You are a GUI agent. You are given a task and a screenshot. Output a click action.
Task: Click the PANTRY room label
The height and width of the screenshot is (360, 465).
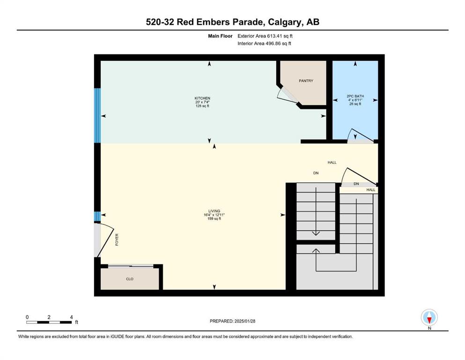click(306, 81)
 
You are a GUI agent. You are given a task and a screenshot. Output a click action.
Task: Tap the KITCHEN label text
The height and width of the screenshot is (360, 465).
click(202, 98)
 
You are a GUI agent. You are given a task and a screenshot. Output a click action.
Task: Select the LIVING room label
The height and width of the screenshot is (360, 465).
click(214, 211)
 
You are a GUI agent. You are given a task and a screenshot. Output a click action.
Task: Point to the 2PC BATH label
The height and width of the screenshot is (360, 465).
click(355, 96)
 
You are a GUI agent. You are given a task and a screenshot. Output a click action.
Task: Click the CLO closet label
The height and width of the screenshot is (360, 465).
click(130, 279)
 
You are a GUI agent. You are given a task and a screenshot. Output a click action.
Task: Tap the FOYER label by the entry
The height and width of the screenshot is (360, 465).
click(117, 240)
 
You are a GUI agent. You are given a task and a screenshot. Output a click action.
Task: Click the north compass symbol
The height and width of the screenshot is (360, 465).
click(429, 317)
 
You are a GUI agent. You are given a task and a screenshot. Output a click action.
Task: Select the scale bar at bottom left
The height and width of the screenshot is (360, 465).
click(49, 322)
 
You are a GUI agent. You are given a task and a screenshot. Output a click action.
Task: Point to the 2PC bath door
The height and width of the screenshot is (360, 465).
click(360, 136)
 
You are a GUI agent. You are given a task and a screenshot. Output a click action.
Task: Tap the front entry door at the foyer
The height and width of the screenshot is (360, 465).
click(104, 240)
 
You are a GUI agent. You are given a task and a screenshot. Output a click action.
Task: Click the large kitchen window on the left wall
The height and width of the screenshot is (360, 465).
click(97, 115)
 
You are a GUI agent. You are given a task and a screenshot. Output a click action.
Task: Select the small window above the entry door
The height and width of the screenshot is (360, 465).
click(97, 217)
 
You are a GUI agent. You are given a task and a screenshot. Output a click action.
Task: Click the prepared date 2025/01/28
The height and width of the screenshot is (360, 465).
click(244, 321)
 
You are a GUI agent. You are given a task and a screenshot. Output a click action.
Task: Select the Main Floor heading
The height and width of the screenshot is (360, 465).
click(220, 36)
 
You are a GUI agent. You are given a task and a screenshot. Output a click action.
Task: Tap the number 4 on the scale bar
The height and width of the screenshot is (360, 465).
click(72, 317)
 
